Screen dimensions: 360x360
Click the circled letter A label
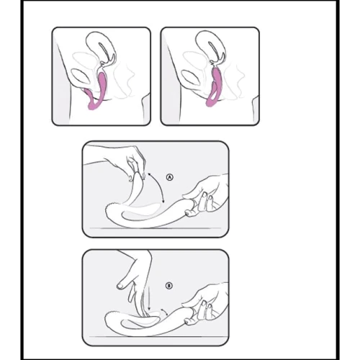tap(170, 177)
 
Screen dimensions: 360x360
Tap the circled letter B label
tap(169, 286)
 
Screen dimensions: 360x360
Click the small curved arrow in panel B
tap(164, 311)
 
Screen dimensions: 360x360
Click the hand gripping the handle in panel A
tap(207, 197)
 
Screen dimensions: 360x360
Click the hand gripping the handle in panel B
tap(207, 305)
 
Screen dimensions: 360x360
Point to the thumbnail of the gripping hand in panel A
tap(189, 213)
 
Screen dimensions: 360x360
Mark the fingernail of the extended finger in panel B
tap(120, 286)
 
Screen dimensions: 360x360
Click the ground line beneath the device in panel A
tap(155, 228)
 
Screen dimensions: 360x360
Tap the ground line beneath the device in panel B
tap(155, 337)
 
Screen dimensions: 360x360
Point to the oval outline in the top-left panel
tap(81, 77)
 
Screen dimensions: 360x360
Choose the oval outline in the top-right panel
tap(191, 77)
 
